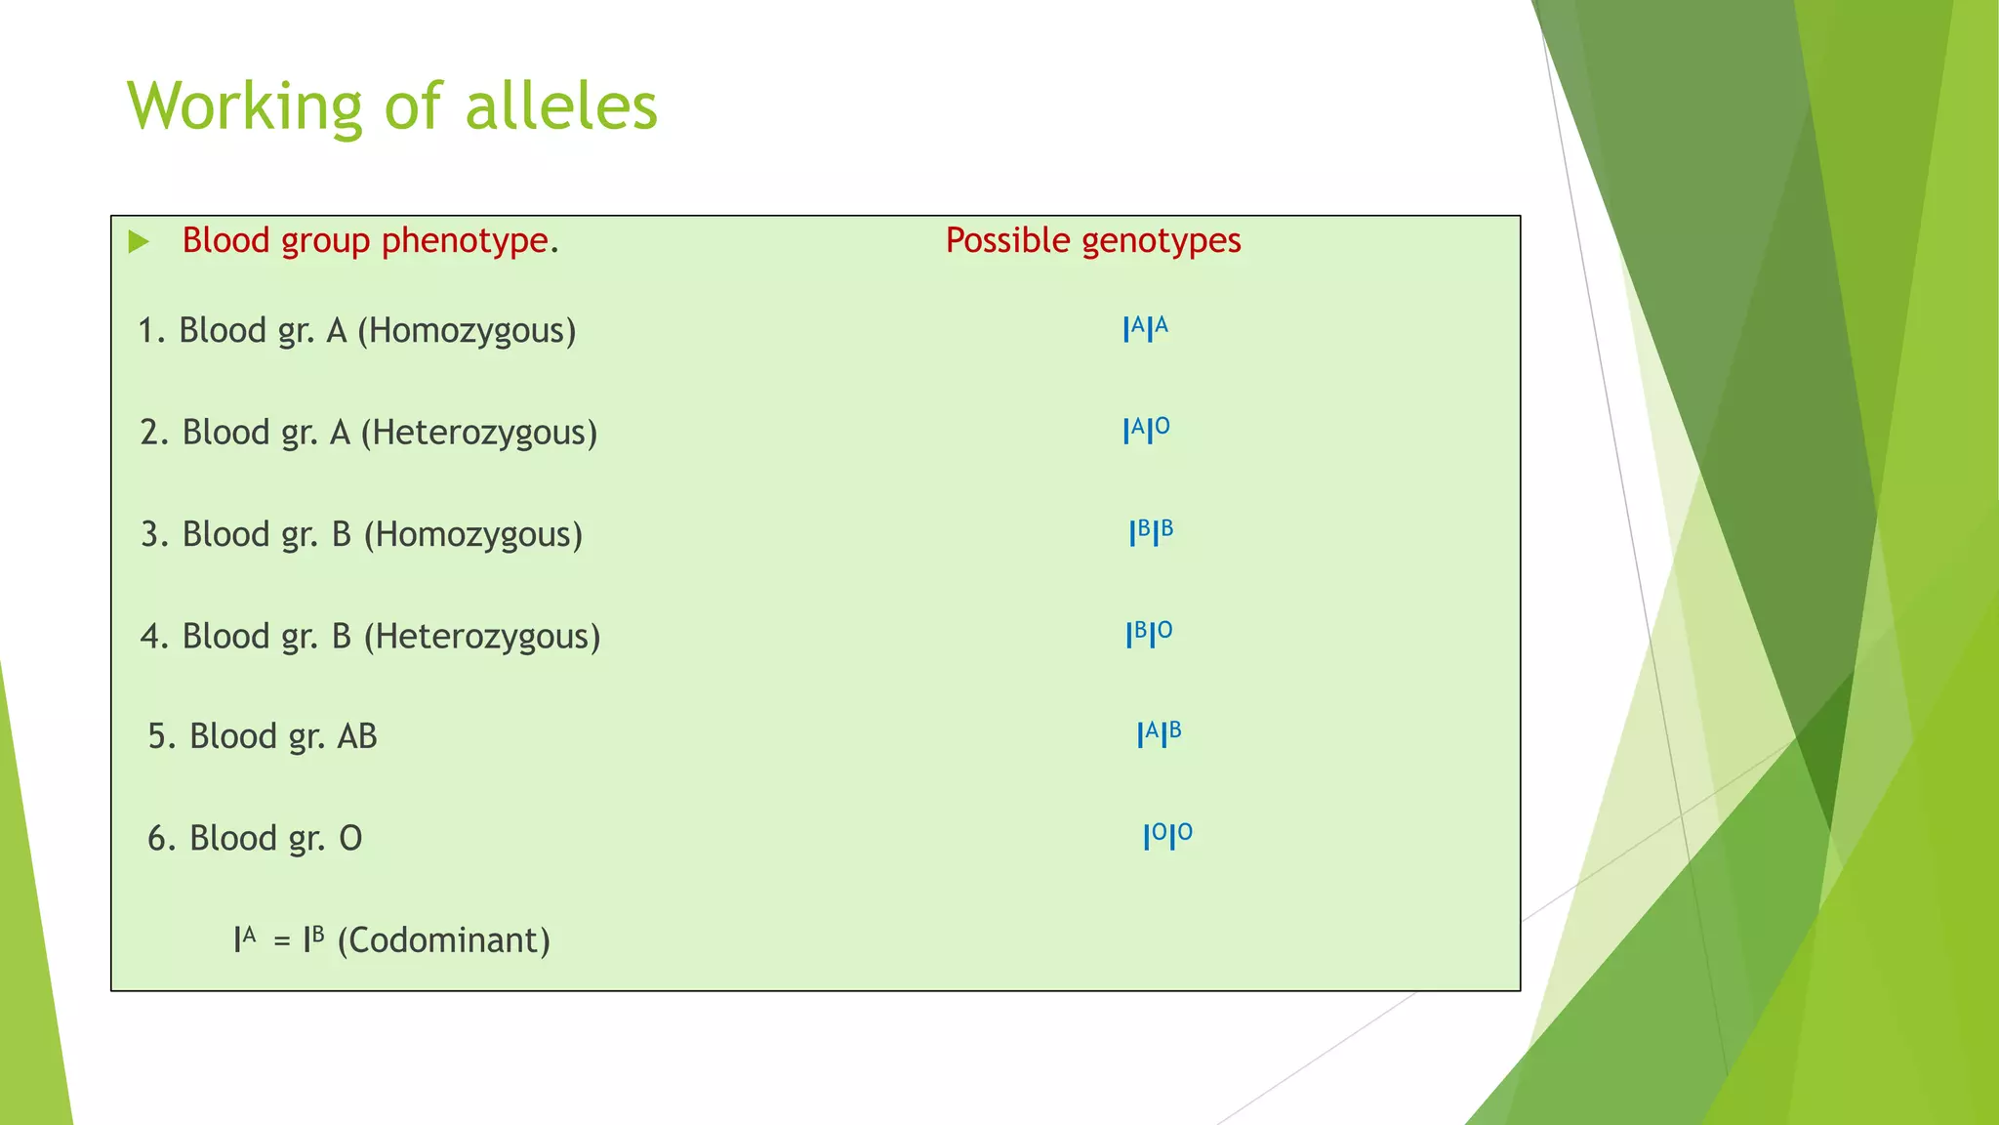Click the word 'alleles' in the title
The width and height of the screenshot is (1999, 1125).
[x=561, y=106]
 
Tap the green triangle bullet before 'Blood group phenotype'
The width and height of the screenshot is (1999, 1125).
[x=139, y=241]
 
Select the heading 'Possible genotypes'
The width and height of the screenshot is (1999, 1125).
[x=1092, y=240]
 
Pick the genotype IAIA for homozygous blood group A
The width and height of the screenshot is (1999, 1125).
[x=1145, y=329]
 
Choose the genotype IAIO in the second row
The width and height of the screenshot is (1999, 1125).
[x=1146, y=431]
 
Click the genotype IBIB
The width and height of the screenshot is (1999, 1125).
[x=1151, y=533]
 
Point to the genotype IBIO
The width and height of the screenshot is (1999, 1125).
[x=1149, y=635]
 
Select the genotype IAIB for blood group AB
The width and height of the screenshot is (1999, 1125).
[x=1159, y=734]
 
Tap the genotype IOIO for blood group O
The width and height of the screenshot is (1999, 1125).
[x=1167, y=837]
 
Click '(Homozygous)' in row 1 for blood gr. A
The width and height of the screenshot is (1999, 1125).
[x=467, y=331]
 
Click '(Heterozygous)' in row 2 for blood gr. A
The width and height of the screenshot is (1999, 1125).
[x=478, y=433]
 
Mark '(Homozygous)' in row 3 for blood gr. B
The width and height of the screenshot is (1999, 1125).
[x=472, y=535]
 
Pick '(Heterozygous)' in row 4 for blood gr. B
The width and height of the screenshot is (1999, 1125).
[x=482, y=637]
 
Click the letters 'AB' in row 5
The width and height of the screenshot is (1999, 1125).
[x=356, y=736]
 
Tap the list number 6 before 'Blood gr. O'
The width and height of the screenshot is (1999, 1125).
[x=157, y=839]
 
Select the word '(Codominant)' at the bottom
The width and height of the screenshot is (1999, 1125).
[x=443, y=940]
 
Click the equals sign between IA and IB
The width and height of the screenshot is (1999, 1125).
[x=282, y=941]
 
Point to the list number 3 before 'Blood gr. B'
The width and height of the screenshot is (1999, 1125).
[x=150, y=535]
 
